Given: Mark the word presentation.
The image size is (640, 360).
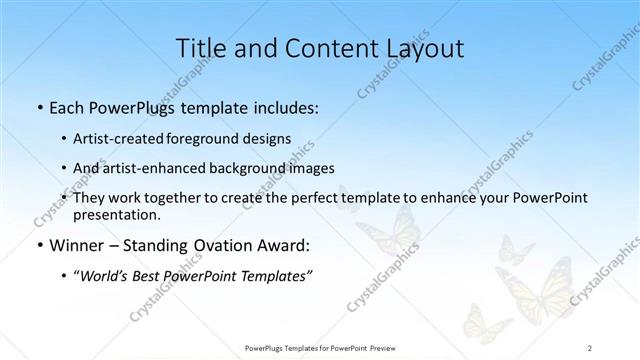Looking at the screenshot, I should click(116, 214).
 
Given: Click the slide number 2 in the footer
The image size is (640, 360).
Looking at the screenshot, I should click(590, 347).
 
